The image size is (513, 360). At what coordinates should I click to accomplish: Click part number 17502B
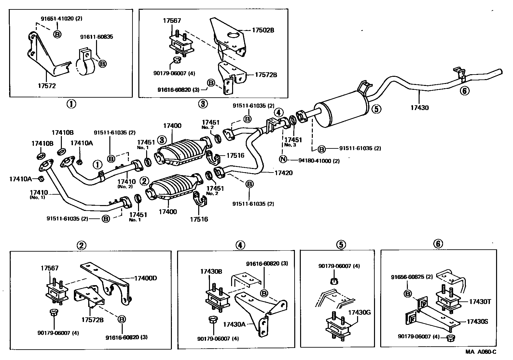coord(263,30)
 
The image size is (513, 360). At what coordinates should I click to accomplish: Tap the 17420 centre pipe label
coord(284,173)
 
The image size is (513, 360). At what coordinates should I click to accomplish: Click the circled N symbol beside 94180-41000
coord(283,159)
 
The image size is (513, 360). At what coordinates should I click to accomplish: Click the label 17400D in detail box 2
coord(146,278)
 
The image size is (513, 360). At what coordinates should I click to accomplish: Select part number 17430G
coord(360,313)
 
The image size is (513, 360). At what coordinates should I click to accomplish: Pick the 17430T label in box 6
coord(480,302)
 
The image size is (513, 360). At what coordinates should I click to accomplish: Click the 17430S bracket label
coord(478,322)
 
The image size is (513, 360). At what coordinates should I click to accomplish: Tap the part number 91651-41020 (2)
coord(62,19)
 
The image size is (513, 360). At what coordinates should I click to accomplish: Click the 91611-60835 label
coord(97,37)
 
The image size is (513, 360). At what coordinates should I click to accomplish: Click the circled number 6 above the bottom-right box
coord(438,243)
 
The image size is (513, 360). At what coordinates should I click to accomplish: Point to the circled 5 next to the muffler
coord(376,109)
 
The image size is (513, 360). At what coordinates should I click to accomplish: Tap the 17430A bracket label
coord(234,324)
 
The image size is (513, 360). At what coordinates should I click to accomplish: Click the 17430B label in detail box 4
coord(211,271)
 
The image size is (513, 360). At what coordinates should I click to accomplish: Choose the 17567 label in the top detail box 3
coord(172,21)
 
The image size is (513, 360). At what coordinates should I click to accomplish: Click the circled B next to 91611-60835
coord(102,64)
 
